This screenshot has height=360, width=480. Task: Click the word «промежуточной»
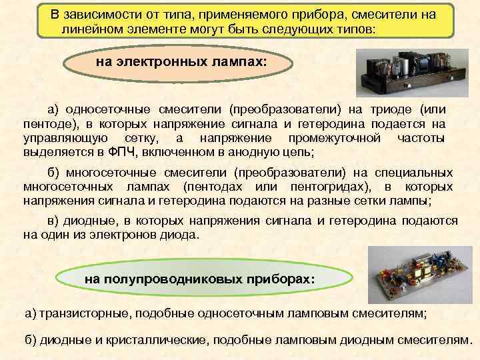334,138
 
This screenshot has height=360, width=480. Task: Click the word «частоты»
421,138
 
